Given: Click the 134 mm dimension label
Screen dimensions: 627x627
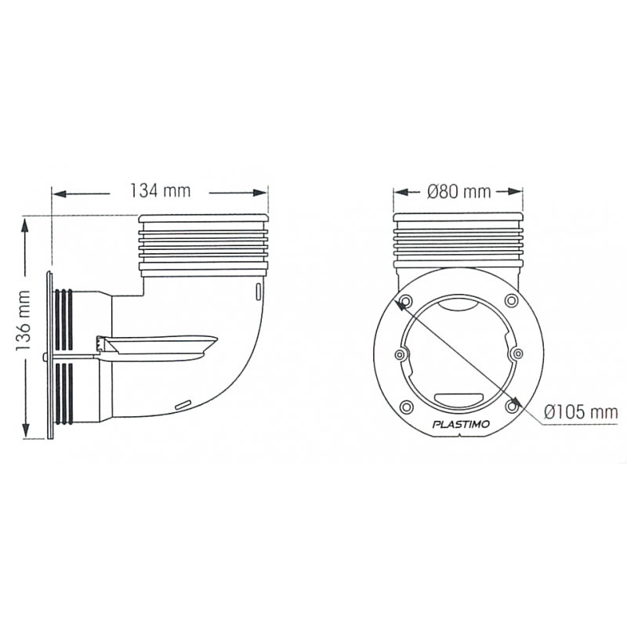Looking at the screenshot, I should point(161,190).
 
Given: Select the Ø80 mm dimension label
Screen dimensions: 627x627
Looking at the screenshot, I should point(458,191).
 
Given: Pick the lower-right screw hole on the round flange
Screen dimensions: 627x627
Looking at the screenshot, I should point(512,407).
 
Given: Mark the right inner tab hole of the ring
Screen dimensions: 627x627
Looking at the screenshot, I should point(515,353).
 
